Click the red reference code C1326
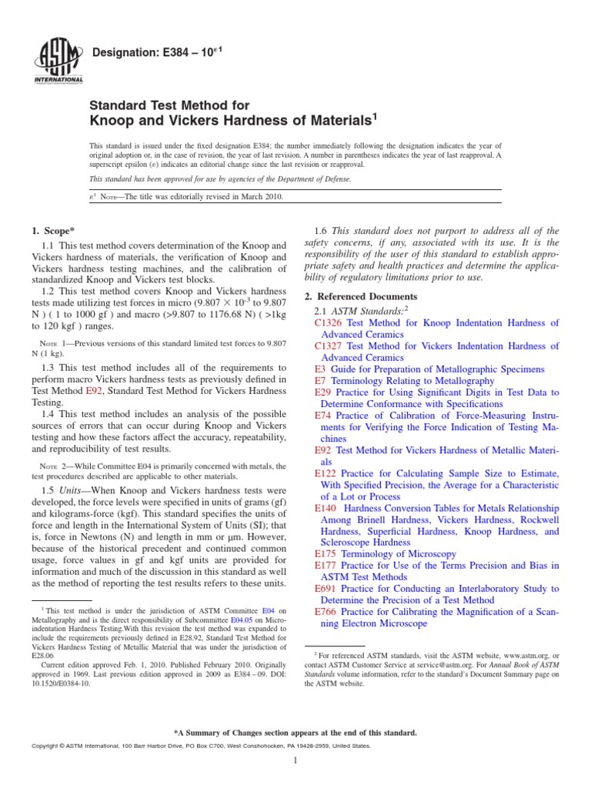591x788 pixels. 329,323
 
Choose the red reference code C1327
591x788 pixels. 329,346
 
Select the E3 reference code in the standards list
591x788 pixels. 321,369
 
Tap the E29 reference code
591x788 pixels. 323,392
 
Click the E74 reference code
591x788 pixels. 323,415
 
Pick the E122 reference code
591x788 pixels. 326,472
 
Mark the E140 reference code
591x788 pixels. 326,508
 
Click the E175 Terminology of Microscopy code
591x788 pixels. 326,553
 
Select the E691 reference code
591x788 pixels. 326,588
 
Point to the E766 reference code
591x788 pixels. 326,611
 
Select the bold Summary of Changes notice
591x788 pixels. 295,732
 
